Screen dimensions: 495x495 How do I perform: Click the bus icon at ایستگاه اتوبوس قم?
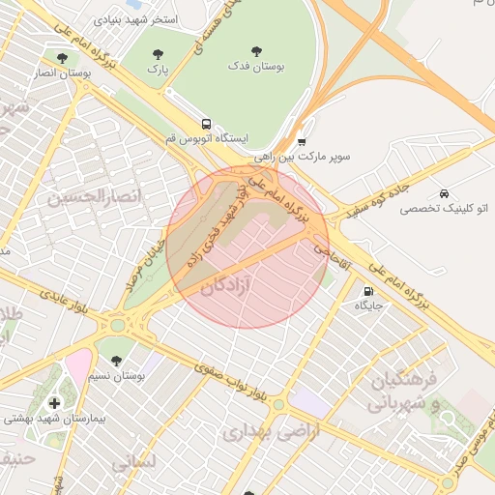click(x=205, y=124)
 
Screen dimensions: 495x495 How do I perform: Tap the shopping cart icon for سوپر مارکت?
click(x=302, y=141)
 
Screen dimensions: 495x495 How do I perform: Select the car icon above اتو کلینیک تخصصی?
click(x=444, y=193)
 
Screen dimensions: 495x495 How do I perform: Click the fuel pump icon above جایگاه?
click(x=367, y=291)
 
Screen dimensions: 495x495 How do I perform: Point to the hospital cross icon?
click(x=53, y=402)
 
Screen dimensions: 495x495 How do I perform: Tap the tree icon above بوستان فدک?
click(x=256, y=51)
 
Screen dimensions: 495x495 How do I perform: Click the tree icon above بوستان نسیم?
click(x=116, y=361)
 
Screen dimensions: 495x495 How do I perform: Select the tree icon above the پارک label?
click(x=158, y=54)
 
